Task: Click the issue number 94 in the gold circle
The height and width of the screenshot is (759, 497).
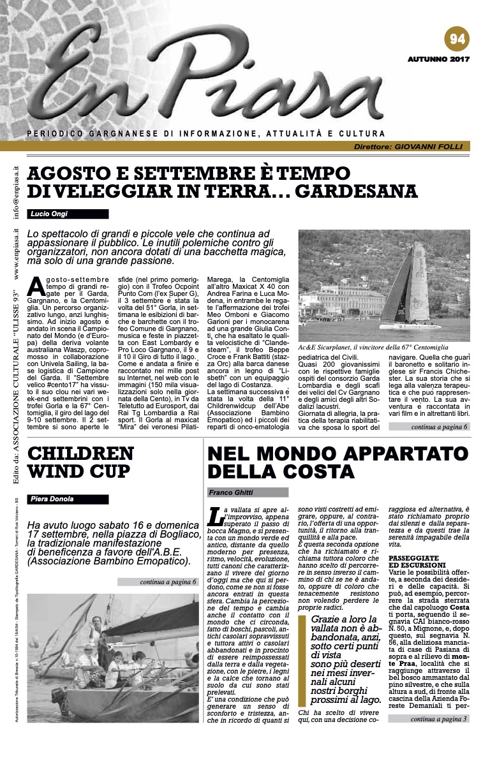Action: click(457, 39)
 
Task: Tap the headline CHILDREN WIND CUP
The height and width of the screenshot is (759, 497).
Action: click(80, 462)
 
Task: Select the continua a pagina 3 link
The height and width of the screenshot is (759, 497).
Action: click(439, 719)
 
